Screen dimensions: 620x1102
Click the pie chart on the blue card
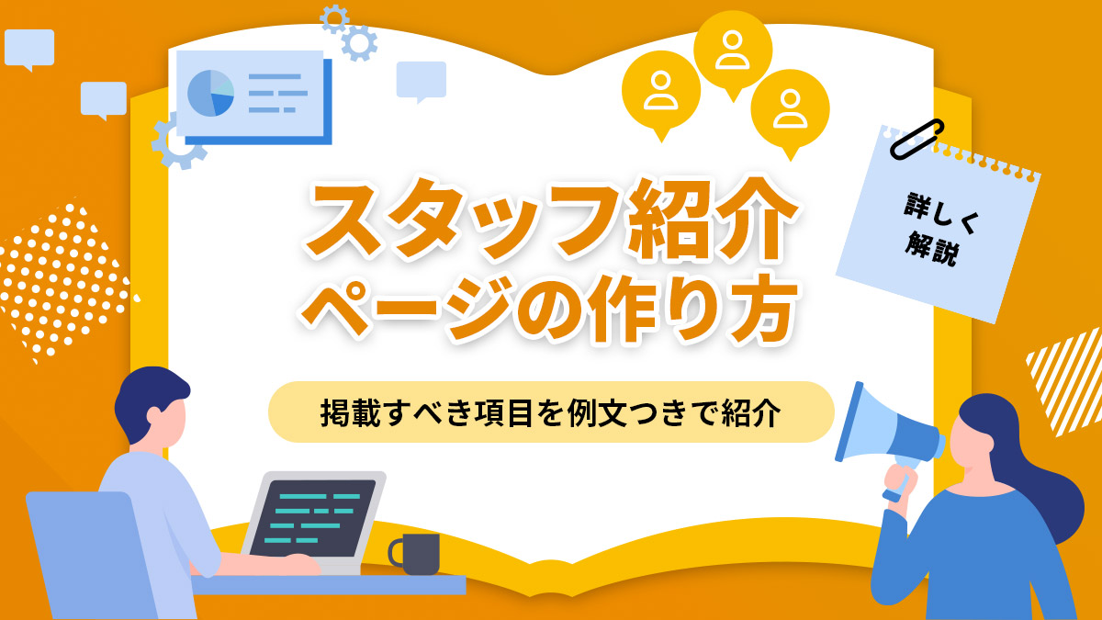click(x=210, y=93)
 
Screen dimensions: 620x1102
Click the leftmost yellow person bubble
click(x=660, y=89)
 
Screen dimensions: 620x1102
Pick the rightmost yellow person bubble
click(x=790, y=107)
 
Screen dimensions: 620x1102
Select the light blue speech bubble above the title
click(x=421, y=80)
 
